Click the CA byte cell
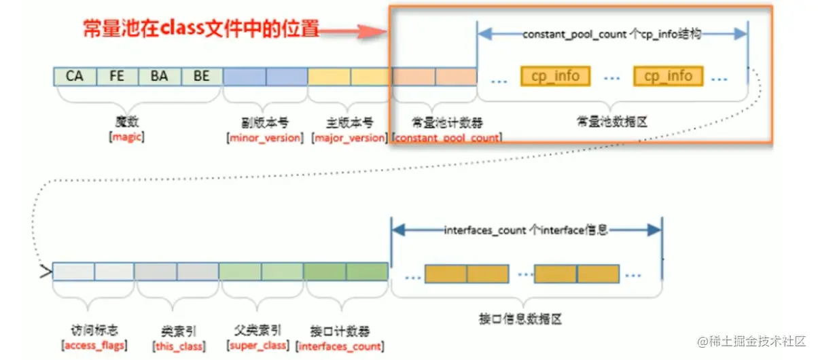75,76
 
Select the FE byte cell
117,76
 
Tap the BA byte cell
159,76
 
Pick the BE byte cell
201,76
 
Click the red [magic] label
127,137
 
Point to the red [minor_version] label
264,138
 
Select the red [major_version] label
349,138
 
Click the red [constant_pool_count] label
448,138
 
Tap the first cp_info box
555,76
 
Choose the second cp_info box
668,76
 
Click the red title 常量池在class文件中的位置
201,29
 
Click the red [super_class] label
257,346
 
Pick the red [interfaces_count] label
339,346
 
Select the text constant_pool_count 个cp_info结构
611,33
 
